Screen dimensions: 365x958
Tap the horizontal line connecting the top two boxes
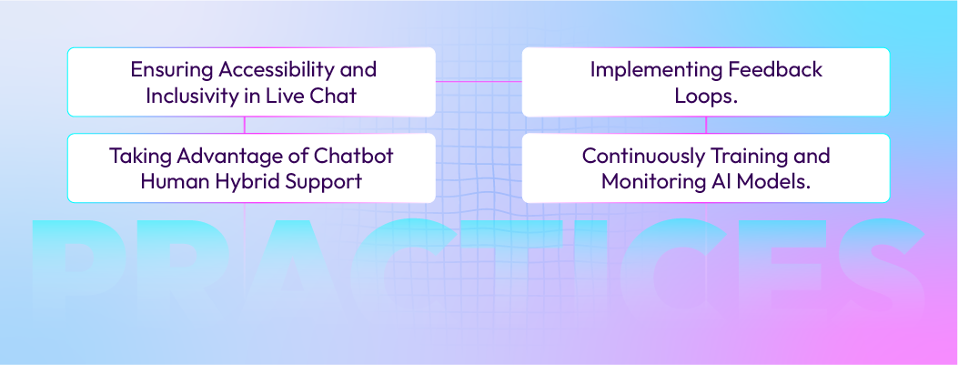tap(479, 82)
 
